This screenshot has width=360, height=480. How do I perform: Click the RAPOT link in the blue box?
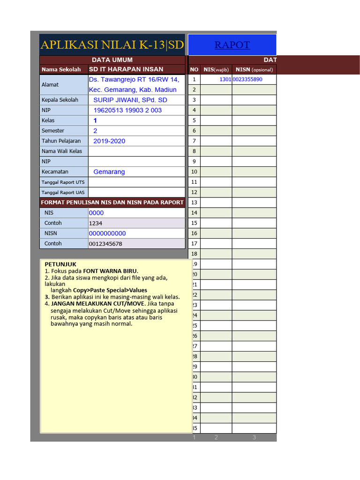pos(232,45)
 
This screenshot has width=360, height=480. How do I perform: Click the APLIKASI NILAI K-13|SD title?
pos(112,45)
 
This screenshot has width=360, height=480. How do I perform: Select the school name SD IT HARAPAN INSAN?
pos(126,69)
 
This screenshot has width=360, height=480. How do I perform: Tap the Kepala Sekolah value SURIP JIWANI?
pos(130,100)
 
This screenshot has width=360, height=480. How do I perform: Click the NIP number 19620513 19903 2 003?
pos(127,110)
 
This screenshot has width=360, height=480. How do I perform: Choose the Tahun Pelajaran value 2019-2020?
pos(109,141)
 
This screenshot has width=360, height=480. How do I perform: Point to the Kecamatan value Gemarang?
pos(109,172)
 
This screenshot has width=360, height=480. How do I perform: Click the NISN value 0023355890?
pos(247,80)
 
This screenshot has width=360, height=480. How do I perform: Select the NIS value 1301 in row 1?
pos(225,80)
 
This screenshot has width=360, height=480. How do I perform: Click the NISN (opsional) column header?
pos(254,70)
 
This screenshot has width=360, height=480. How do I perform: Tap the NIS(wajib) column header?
pos(216,70)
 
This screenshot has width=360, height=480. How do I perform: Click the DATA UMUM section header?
pos(112,60)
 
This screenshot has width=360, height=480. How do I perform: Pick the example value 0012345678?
pos(105,244)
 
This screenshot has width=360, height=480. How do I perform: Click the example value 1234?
pos(96,223)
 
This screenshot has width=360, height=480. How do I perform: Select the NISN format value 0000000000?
pos(107,233)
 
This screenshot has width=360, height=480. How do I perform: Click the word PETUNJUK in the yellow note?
pos(60,264)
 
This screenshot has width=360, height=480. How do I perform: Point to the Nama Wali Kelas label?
pos(62,151)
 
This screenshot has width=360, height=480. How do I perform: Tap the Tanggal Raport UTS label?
pos(63,182)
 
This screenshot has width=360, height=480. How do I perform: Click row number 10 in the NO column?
pos(194,172)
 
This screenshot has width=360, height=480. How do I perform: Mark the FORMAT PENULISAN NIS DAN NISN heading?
pos(112,202)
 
